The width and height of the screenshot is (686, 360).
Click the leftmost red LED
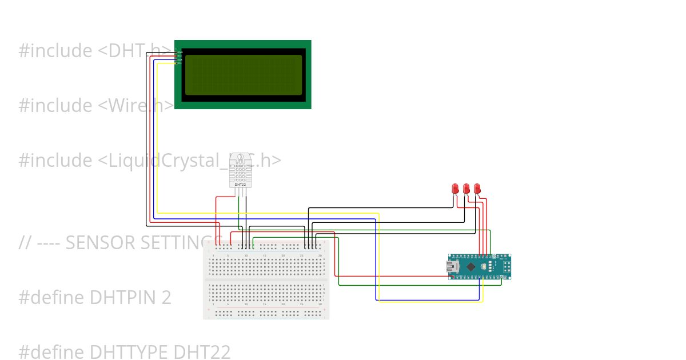pos(455,188)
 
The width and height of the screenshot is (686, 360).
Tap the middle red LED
pos(466,188)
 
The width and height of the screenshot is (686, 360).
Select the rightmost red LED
pos(477,188)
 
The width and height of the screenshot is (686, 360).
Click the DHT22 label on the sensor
pos(241,185)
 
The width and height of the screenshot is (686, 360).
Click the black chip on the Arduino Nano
pos(470,267)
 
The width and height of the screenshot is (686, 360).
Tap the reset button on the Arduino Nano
pos(484,267)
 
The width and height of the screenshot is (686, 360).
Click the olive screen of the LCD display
pos(243,75)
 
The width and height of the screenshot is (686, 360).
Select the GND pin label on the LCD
pos(180,52)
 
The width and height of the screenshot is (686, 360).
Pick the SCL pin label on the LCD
pos(180,63)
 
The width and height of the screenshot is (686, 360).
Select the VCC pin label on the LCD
pos(180,55)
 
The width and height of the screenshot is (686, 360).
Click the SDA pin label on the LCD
pos(180,59)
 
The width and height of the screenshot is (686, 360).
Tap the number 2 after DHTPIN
pos(166,298)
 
